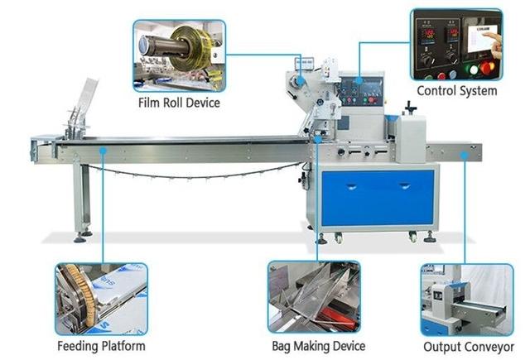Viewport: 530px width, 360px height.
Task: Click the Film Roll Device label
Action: tap(179, 103)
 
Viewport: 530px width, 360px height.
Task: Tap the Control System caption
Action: tap(457, 91)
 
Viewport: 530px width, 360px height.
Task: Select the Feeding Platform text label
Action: tap(101, 347)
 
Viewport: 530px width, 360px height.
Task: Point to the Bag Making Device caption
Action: tap(318, 347)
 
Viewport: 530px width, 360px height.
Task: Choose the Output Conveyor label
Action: tap(469, 347)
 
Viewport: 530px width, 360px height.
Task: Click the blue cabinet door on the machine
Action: tap(378, 198)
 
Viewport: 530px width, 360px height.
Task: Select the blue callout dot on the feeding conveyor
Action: tap(103, 150)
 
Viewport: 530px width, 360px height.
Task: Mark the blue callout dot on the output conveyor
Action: tap(465, 156)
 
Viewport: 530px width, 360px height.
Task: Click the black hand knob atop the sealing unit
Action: tap(411, 108)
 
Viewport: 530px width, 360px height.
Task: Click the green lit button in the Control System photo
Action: tap(472, 70)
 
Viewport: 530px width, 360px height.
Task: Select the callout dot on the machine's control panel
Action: tap(359, 81)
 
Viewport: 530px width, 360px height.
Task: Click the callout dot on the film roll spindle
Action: tap(301, 81)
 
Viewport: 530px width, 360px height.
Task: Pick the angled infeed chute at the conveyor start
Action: tap(82, 108)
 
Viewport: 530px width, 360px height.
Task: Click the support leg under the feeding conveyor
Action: tap(81, 199)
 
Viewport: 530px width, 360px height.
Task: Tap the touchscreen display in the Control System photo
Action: tap(483, 38)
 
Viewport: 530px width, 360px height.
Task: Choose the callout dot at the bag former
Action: tap(318, 139)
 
